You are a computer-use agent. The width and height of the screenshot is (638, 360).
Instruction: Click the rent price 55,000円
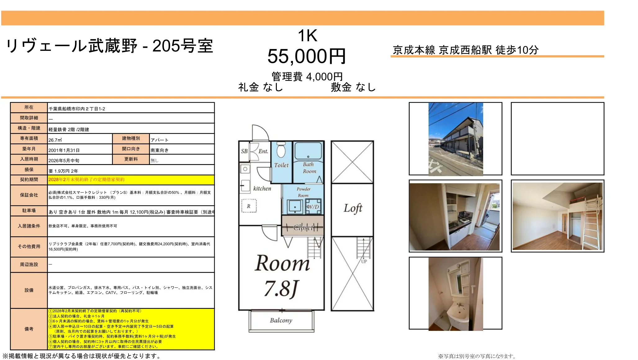306,56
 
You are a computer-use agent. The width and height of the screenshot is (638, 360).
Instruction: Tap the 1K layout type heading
307,36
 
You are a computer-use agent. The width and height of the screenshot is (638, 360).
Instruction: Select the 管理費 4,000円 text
307,76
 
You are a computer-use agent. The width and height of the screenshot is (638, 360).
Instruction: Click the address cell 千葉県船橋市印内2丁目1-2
77,109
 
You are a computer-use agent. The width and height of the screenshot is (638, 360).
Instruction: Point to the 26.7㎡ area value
55,140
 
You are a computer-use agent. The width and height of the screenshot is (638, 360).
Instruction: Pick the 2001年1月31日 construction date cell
64,150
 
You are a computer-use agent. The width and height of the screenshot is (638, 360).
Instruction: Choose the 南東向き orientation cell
159,150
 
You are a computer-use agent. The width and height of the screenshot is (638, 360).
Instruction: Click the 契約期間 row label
29,180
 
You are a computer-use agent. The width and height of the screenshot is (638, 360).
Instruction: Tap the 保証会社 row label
29,195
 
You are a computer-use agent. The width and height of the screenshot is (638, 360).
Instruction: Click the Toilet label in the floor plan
281,165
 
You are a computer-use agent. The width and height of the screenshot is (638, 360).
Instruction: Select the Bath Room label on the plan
309,168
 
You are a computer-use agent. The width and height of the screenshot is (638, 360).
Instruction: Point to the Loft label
353,208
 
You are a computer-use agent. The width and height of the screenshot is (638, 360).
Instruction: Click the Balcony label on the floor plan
281,320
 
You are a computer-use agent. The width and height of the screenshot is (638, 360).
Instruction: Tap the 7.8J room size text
281,288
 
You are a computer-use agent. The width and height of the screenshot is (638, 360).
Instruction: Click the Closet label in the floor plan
303,228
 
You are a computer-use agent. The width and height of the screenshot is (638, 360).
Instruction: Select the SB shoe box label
244,151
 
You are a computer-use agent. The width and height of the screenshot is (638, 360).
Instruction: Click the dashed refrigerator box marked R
249,206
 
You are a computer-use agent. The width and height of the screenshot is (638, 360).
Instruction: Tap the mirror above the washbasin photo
459,282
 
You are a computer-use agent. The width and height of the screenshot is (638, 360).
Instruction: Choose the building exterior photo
456,139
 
